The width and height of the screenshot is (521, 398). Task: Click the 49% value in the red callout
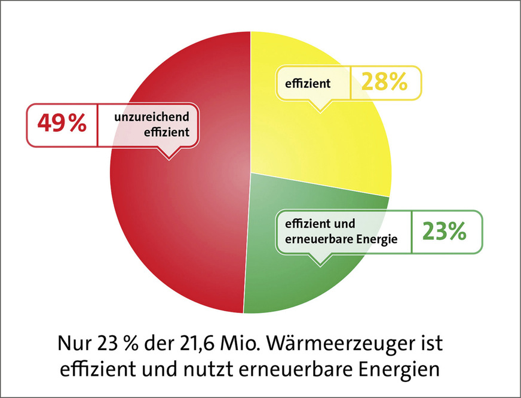[x=62, y=125]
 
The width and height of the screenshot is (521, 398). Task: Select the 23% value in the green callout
[x=444, y=232]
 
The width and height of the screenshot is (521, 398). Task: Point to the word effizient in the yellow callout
[x=310, y=84]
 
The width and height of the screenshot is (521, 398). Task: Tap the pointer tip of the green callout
[x=320, y=264]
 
